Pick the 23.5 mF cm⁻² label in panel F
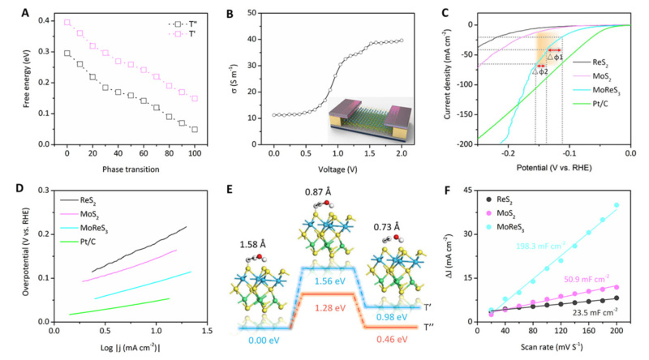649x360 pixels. [595, 311]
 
